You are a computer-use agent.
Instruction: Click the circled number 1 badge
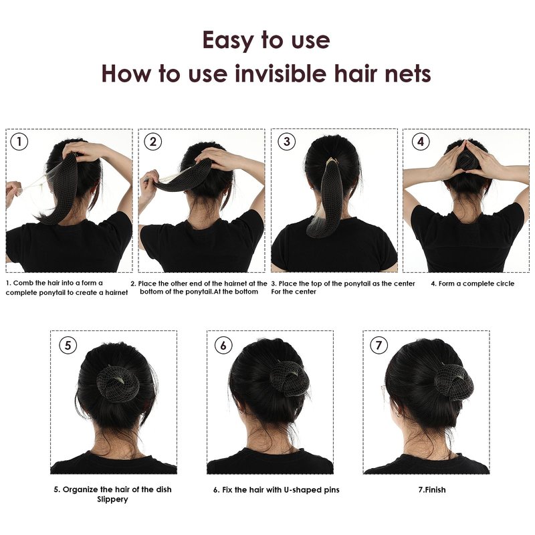(19, 142)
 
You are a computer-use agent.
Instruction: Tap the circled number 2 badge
(153, 142)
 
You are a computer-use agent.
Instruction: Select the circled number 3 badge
(287, 142)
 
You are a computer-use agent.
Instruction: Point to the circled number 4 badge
(421, 142)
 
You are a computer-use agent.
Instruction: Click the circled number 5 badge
(68, 345)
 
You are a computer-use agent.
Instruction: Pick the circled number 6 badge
(223, 345)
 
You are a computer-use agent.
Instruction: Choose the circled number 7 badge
(379, 345)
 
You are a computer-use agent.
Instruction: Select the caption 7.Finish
(432, 490)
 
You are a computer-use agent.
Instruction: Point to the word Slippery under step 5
(112, 500)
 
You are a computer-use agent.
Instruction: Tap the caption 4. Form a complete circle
(473, 284)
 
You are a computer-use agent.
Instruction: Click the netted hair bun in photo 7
(454, 382)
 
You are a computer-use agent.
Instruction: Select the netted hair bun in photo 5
(118, 383)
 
